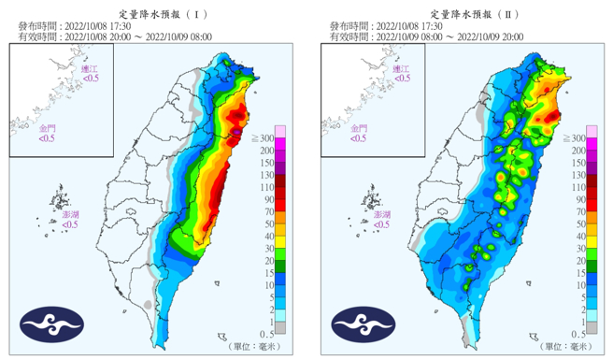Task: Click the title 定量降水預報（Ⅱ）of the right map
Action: (x=462, y=10)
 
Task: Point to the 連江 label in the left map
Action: (x=89, y=70)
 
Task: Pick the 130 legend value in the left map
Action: (x=266, y=175)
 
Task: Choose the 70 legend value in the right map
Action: (x=577, y=212)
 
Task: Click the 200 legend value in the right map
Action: (x=577, y=151)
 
